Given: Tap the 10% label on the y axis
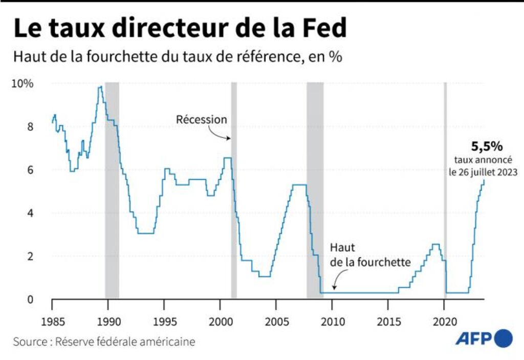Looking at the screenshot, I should (23, 83).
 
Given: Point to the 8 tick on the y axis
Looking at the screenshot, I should (30, 126).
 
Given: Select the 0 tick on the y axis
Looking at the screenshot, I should (30, 299).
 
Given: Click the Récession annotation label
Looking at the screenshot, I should (201, 119).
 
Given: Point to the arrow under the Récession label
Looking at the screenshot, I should (221, 135).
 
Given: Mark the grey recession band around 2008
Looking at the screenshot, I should (315, 189).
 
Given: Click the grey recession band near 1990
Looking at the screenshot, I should (112, 189).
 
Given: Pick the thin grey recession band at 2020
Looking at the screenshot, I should (445, 189).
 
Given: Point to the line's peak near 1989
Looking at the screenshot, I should (100, 87).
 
